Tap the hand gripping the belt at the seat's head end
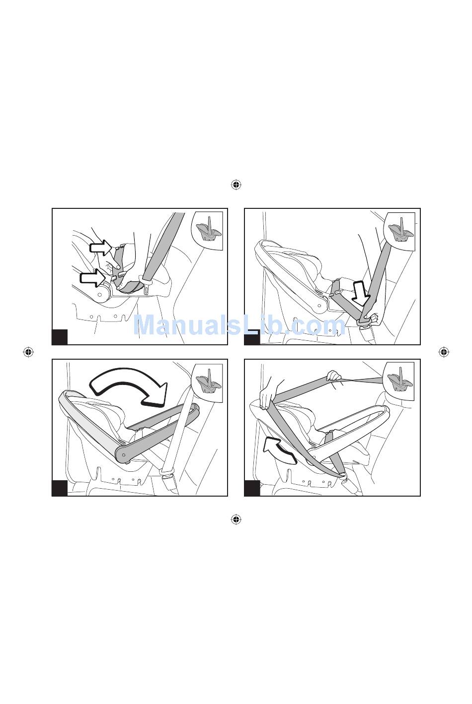pyautogui.click(x=267, y=398)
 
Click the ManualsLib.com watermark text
pyautogui.click(x=239, y=325)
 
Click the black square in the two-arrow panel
pyautogui.click(x=60, y=337)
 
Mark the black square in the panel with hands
pyautogui.click(x=252, y=488)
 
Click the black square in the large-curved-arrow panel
pyautogui.click(x=60, y=488)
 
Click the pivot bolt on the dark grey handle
pyautogui.click(x=123, y=454)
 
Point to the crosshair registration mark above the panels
pyautogui.click(x=236, y=185)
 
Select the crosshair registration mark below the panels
pyautogui.click(x=236, y=519)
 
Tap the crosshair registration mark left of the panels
pyautogui.click(x=28, y=352)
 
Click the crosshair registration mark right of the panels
pyautogui.click(x=444, y=352)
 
